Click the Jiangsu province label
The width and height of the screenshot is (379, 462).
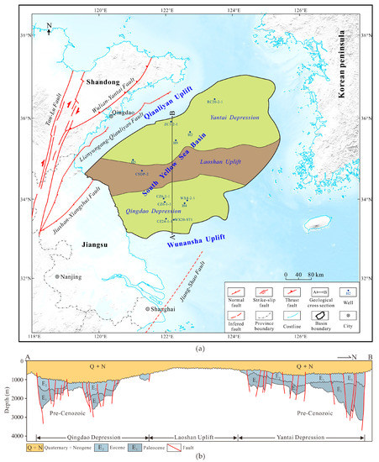click(x=81, y=244)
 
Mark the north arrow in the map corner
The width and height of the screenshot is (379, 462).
click(x=52, y=32)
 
